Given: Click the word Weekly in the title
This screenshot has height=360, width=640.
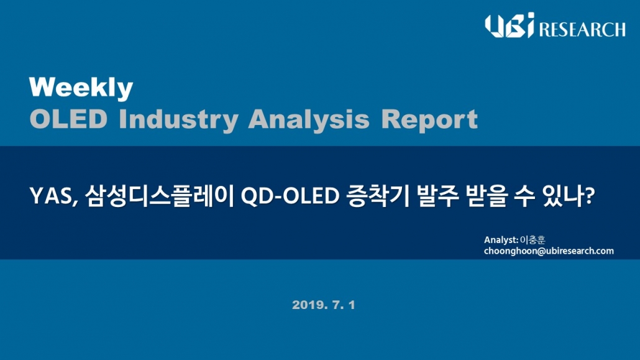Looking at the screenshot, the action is coord(81,88).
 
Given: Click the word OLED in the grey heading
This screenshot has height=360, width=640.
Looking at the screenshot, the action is coord(68,119).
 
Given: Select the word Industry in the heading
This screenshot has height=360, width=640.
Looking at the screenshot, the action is coord(178,120).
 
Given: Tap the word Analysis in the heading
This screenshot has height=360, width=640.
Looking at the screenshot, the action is coord(309,120).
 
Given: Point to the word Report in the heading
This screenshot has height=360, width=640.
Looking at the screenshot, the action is coord(429,119).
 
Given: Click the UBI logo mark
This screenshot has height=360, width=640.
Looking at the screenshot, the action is coord(510,25).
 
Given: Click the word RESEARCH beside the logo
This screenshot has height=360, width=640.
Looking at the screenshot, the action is coord(582,29).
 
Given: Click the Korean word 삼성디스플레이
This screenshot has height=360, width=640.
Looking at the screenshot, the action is coord(160,196).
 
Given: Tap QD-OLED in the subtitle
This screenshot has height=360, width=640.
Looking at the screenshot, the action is coord(290,196).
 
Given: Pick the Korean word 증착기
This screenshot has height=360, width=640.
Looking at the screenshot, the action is coord(377,196).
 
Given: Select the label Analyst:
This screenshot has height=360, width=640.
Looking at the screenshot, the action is coord(501,240).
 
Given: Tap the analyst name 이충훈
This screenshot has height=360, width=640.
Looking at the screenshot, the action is coord(533,240).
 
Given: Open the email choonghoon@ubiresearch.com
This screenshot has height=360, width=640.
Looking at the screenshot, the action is coord(549,251).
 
